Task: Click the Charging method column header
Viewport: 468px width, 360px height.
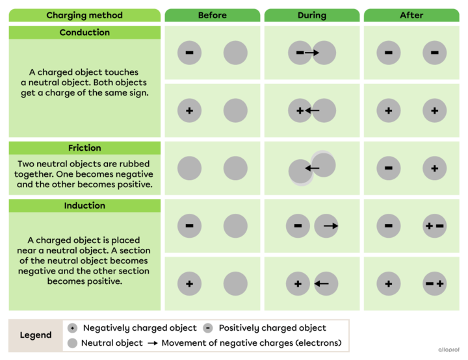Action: point(84,15)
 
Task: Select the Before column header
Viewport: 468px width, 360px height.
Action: point(213,15)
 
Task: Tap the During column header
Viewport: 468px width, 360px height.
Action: point(312,15)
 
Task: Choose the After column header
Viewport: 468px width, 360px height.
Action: point(411,15)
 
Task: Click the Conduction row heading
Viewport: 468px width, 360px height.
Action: point(84,32)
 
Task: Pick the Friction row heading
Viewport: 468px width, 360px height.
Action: point(84,148)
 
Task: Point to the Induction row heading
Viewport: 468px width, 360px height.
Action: point(84,205)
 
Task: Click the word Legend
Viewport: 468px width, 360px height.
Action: point(36,335)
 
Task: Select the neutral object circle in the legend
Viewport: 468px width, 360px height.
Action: point(73,343)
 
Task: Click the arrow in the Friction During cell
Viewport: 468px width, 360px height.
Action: point(313,168)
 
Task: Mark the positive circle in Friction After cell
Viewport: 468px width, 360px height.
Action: point(434,168)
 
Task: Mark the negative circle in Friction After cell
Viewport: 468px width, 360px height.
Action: point(388,168)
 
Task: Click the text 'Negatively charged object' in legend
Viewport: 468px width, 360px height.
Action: point(140,328)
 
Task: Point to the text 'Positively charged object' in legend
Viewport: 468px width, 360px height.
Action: point(272,328)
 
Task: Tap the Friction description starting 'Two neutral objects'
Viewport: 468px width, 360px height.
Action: point(84,174)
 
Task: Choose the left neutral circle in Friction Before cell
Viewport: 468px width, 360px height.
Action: point(189,168)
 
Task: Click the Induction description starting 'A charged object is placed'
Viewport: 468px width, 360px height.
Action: point(84,261)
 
